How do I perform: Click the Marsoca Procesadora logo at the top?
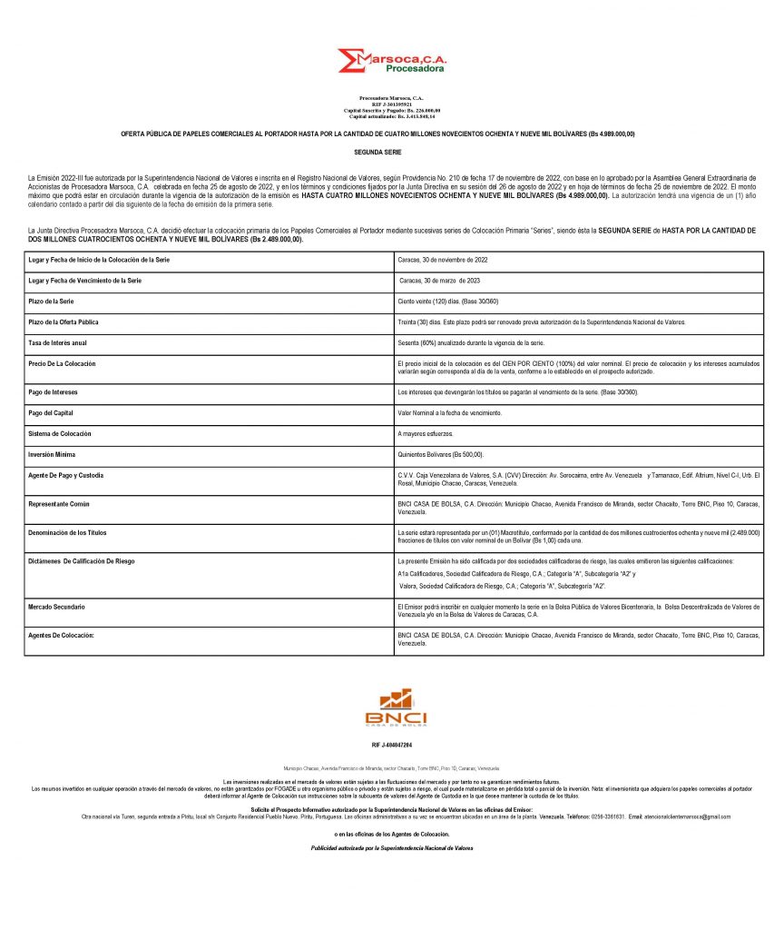tap(391, 62)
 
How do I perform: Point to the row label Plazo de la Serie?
tap(54, 302)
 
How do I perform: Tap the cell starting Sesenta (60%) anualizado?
tap(471, 342)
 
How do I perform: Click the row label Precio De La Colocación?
tap(63, 363)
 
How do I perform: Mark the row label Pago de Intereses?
tap(54, 392)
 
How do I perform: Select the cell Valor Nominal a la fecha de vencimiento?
tap(449, 413)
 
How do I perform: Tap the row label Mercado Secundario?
tap(57, 606)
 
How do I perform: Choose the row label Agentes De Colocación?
tap(62, 635)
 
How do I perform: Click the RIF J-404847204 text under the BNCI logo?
tap(391, 745)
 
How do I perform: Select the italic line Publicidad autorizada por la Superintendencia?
tap(391, 847)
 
